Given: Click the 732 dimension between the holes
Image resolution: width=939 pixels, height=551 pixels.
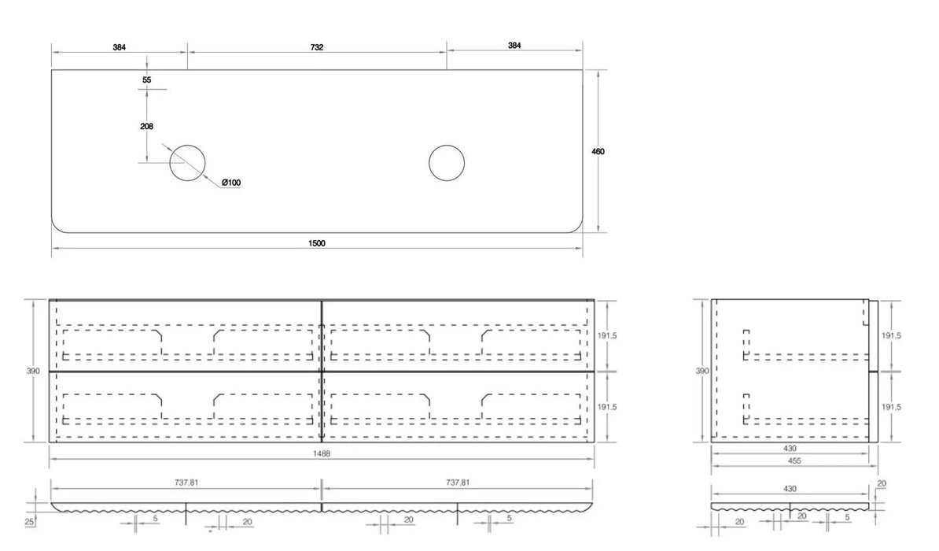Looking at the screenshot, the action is (317, 47).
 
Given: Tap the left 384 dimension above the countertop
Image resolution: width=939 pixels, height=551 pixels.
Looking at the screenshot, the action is (120, 47).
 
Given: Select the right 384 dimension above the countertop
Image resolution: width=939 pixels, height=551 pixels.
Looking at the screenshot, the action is (514, 46).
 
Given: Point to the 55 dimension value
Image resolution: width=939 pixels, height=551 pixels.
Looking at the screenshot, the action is (147, 80).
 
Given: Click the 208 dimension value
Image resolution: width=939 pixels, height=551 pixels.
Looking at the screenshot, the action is (147, 127).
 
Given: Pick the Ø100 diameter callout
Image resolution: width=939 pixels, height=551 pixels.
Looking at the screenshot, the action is (231, 183).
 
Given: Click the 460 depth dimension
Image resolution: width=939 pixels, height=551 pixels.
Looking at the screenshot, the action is (598, 152).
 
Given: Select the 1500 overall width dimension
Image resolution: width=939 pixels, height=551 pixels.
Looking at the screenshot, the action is (317, 243).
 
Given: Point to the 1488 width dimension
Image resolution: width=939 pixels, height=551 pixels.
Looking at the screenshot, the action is (322, 454).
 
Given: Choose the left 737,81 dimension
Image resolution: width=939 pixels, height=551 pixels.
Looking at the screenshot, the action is (187, 483).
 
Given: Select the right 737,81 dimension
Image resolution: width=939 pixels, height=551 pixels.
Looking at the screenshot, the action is (458, 483).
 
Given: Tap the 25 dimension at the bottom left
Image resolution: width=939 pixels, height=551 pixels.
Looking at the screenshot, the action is (29, 522).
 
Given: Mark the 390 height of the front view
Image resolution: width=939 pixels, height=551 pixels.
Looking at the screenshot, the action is (33, 371).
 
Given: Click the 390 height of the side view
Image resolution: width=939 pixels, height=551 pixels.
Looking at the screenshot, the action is (701, 371).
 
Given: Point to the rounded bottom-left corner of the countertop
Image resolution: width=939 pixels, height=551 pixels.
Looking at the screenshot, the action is (56, 227).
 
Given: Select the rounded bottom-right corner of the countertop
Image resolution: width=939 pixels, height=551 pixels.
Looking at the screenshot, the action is (578, 227).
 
